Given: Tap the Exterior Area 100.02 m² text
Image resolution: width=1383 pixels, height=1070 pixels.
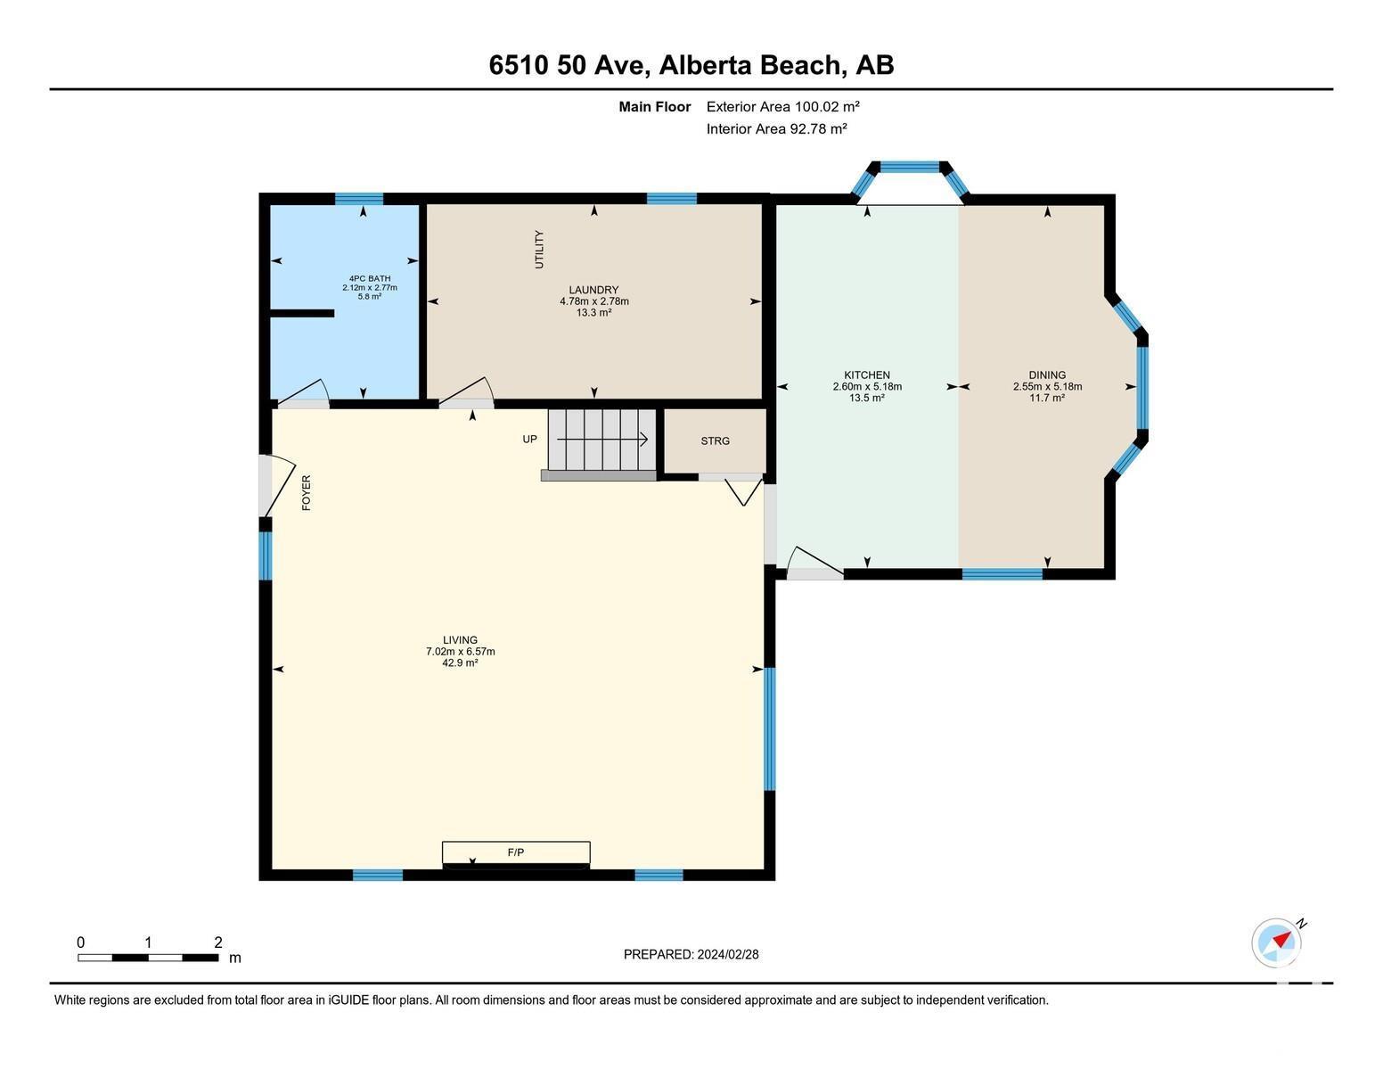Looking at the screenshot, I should click(782, 106).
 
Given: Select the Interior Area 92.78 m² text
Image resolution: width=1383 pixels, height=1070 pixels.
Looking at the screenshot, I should click(776, 128).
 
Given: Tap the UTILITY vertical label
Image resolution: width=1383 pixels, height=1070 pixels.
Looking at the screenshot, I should click(538, 250).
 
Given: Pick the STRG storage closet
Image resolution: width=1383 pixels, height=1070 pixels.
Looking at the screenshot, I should click(715, 441).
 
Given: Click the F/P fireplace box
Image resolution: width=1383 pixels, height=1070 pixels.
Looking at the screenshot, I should click(516, 853).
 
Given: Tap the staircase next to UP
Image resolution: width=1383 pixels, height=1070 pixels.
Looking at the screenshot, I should click(601, 440).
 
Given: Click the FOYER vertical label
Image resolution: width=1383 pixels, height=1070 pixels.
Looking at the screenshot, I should click(307, 492).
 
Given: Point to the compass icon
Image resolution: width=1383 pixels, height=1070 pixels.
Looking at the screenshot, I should click(1276, 942).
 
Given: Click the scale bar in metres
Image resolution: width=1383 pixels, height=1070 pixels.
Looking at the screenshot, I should click(148, 957).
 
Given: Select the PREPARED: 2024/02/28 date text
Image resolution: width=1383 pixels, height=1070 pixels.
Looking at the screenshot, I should click(691, 954).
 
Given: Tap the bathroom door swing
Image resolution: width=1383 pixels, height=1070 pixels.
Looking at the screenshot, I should click(303, 394).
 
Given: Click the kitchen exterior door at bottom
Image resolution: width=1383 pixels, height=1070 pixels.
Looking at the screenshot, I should click(814, 564).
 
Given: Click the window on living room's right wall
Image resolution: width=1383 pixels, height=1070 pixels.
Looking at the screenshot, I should click(769, 728).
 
